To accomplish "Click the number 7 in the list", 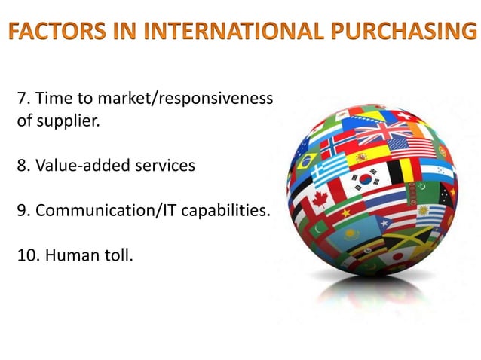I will (21, 99).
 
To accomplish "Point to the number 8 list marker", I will (21, 165).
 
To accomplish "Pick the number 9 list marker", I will (21, 210).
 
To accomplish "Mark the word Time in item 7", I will (51, 99).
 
